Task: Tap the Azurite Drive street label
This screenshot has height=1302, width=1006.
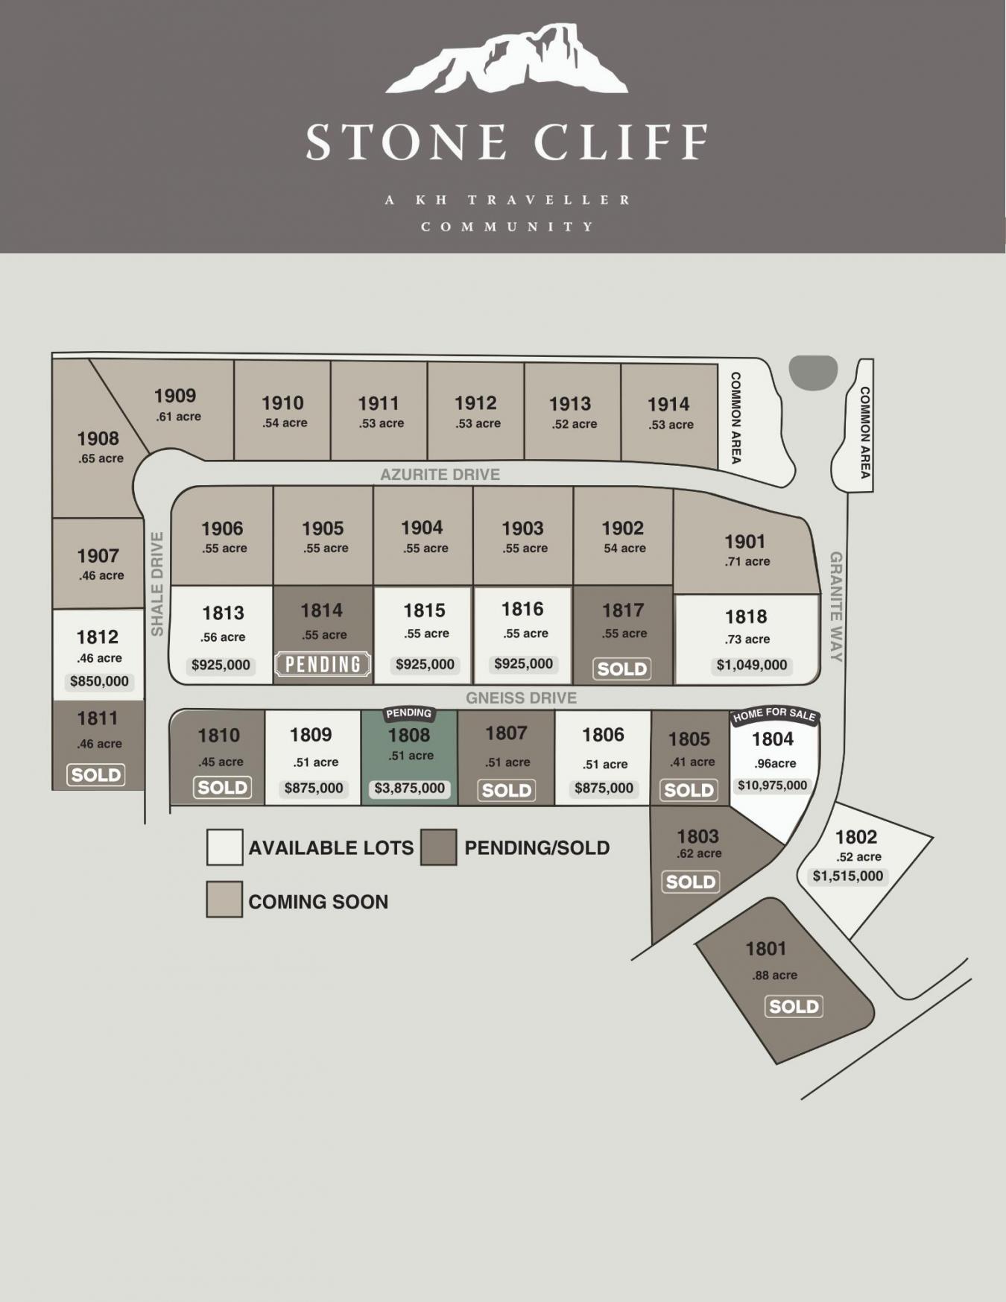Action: pyautogui.click(x=440, y=475)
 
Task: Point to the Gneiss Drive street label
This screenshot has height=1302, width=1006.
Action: pyautogui.click(x=521, y=698)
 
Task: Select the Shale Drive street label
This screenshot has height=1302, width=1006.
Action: pyautogui.click(x=157, y=584)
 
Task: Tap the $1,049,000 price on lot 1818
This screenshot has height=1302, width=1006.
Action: pyautogui.click(x=751, y=665)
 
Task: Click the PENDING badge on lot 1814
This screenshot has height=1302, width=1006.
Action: pyautogui.click(x=323, y=664)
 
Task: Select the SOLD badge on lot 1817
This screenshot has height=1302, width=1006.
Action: pyautogui.click(x=622, y=669)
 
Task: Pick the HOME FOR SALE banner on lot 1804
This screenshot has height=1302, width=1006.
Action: pyautogui.click(x=774, y=715)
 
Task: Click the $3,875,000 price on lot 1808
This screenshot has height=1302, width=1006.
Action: pyautogui.click(x=409, y=788)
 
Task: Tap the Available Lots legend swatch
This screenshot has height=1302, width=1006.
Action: pyautogui.click(x=224, y=847)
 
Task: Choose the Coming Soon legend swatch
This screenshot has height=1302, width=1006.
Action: pyautogui.click(x=224, y=900)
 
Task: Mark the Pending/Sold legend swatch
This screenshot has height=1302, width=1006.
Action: pyautogui.click(x=438, y=847)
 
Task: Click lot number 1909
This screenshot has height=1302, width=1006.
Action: pyautogui.click(x=175, y=396)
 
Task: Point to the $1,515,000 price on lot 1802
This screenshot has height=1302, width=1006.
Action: pyautogui.click(x=847, y=876)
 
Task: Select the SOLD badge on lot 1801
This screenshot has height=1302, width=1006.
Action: pyautogui.click(x=794, y=1007)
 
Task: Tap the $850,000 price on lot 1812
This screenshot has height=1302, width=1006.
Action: pyautogui.click(x=99, y=681)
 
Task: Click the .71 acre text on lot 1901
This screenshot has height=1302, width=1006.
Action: pyautogui.click(x=747, y=562)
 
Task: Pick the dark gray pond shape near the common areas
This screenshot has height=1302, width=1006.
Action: pyautogui.click(x=813, y=372)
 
